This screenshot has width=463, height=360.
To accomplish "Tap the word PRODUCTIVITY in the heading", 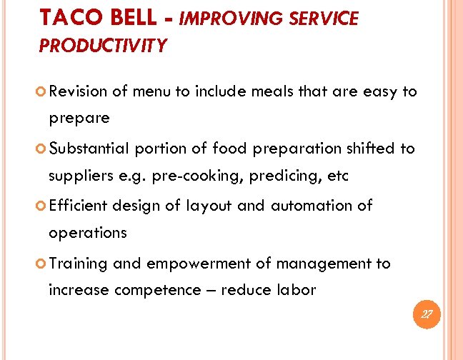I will [103, 46].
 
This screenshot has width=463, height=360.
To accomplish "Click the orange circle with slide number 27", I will [426, 314].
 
